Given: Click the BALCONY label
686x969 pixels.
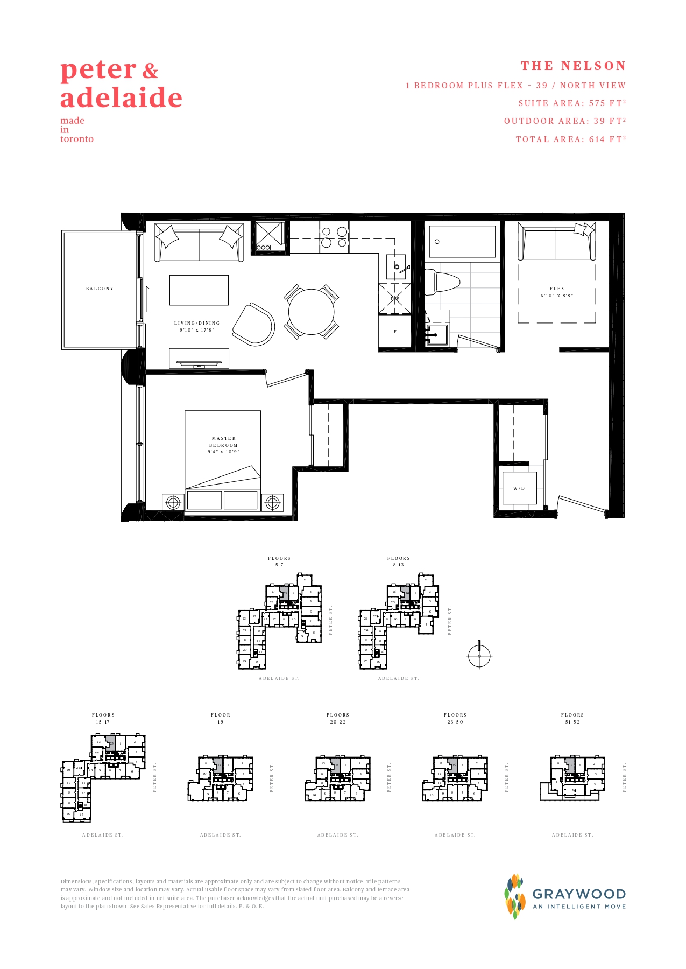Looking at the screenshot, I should pyautogui.click(x=100, y=289).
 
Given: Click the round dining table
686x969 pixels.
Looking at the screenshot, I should pyautogui.click(x=311, y=312).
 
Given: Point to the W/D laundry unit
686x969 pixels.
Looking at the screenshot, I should pyautogui.click(x=519, y=488).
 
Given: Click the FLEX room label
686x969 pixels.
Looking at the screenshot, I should pyautogui.click(x=557, y=292).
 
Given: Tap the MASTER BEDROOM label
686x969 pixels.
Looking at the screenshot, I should pyautogui.click(x=223, y=445).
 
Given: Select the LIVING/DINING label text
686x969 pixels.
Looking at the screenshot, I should pyautogui.click(x=197, y=326).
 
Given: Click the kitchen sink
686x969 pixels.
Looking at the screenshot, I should pyautogui.click(x=397, y=266).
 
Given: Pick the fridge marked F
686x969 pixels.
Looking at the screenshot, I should pyautogui.click(x=395, y=332).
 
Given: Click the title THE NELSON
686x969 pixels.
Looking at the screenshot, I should pyautogui.click(x=573, y=66).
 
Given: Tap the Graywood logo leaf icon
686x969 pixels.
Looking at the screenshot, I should pyautogui.click(x=515, y=896).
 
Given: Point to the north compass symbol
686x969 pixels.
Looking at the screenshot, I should pyautogui.click(x=479, y=655).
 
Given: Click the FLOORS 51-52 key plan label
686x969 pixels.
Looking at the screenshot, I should pyautogui.click(x=572, y=718).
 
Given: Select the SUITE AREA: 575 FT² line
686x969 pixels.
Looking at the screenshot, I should pyautogui.click(x=572, y=103).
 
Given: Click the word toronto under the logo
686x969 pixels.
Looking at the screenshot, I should pyautogui.click(x=77, y=139).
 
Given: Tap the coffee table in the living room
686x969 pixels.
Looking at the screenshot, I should pyautogui.click(x=199, y=290).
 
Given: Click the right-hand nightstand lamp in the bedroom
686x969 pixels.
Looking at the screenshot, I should pyautogui.click(x=272, y=503).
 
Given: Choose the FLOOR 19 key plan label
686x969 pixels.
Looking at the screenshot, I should pyautogui.click(x=221, y=718).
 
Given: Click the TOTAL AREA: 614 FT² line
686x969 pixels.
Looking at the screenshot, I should pyautogui.click(x=571, y=139).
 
